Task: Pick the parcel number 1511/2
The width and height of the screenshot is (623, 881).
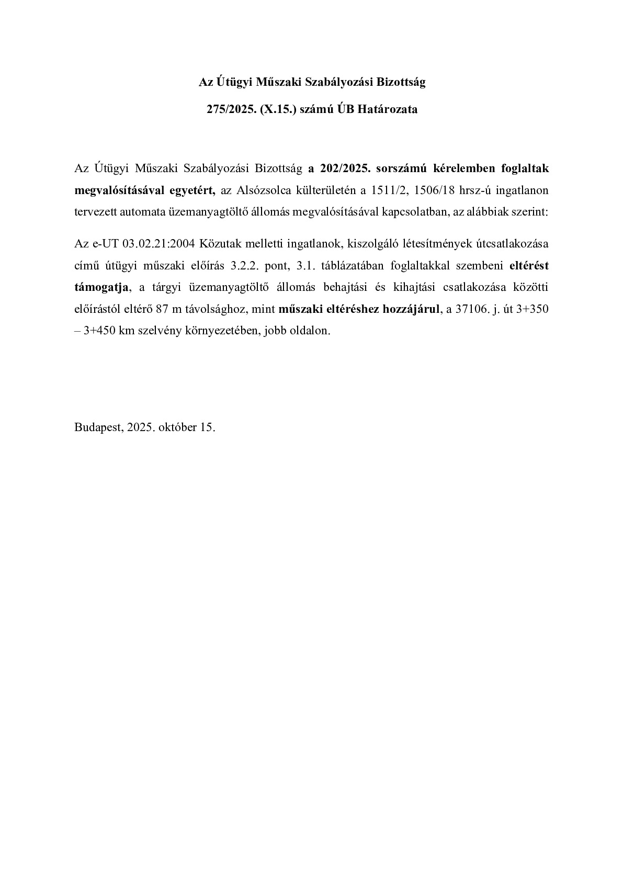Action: click(390, 190)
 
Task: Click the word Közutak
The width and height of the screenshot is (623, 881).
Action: click(217, 243)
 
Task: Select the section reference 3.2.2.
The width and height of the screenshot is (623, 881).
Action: click(243, 265)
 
